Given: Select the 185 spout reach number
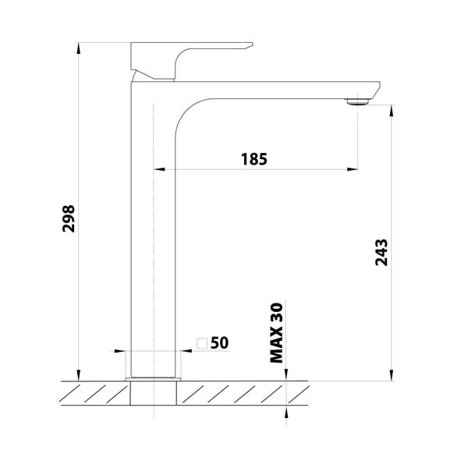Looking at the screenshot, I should [253, 159].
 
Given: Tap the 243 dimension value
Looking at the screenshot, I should [381, 252].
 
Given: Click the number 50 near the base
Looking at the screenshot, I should [219, 342].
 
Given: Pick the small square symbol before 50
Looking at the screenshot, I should [202, 342].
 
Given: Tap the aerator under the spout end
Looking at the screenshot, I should [357, 101].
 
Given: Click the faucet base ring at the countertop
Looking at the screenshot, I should [153, 379].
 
